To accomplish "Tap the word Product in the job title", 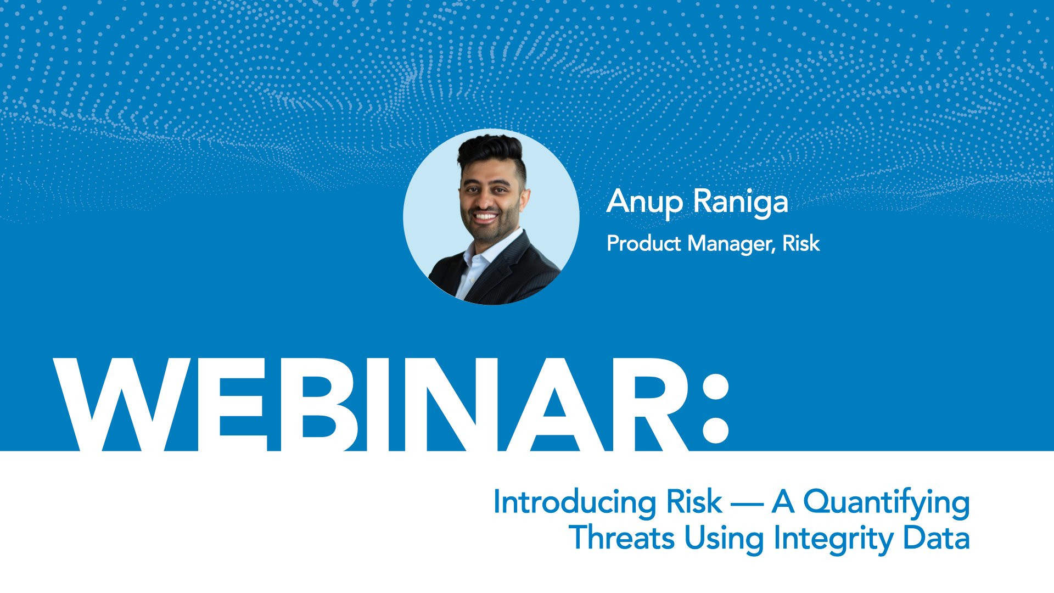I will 643,243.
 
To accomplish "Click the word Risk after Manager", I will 801,243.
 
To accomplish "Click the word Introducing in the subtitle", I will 574,502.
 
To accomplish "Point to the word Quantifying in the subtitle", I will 886,502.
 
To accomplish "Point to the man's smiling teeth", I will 485,217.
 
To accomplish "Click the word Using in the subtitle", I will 724,539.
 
